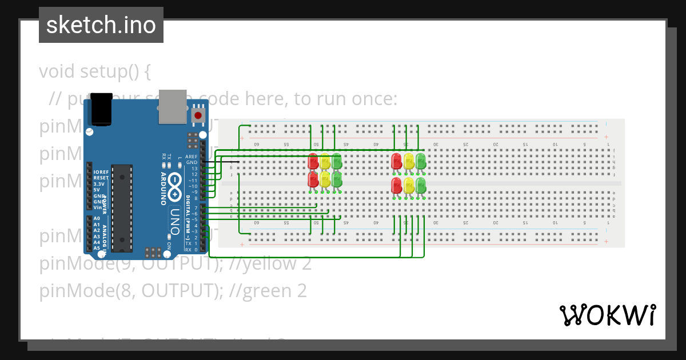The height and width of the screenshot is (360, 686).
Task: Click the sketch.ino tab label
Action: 101,25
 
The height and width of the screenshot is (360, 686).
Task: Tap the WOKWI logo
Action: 607,315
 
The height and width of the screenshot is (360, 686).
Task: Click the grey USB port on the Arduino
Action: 173,106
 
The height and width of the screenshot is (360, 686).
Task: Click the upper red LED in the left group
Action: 313,161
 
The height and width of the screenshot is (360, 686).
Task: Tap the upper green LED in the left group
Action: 337,161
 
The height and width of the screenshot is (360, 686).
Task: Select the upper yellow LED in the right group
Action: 409,161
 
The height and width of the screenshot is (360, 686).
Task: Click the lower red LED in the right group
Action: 396,185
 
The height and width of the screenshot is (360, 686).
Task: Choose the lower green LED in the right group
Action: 421,185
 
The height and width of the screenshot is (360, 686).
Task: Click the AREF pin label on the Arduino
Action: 192,157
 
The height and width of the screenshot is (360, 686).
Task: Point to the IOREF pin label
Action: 101,172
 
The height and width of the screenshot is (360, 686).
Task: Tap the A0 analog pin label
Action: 97,219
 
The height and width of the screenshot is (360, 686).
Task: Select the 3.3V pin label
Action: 99,184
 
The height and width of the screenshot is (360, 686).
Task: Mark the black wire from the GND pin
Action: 223,162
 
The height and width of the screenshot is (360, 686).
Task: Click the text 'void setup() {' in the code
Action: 95,72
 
